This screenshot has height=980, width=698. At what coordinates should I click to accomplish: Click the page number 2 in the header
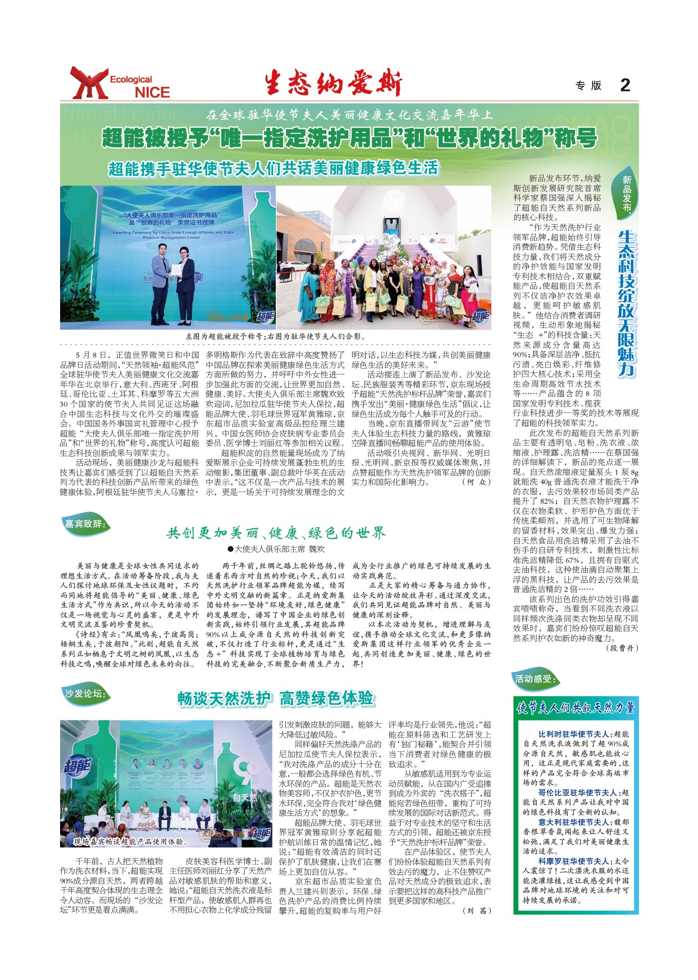(x=625, y=85)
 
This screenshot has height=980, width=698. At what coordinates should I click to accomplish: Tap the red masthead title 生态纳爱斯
(x=333, y=83)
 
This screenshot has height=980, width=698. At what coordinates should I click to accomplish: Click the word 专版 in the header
(x=588, y=85)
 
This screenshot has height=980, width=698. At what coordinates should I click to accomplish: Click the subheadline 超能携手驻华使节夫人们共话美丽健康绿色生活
(x=273, y=168)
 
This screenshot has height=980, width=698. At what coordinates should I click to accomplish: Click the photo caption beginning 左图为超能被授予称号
(x=276, y=336)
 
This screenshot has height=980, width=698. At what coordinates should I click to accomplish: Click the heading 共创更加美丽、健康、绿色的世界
(x=276, y=533)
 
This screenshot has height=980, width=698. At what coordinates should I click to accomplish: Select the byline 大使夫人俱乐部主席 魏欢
(x=276, y=549)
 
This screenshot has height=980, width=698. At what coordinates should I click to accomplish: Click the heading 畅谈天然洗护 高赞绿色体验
(x=276, y=698)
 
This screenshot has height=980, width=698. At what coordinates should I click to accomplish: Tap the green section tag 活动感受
(x=535, y=679)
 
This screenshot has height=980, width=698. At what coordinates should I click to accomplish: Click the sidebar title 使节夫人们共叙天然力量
(x=576, y=708)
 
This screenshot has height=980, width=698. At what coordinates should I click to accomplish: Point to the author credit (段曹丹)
(x=622, y=648)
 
